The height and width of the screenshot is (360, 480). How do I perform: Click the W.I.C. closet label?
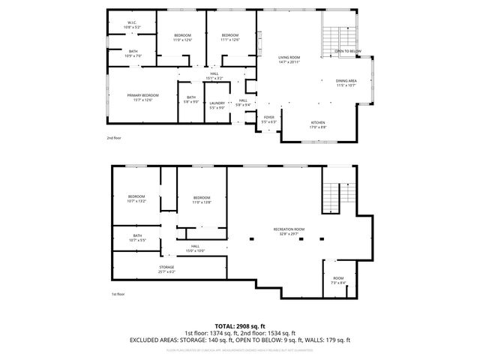click(x=131, y=25)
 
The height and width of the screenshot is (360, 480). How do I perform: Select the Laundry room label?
click(x=217, y=104)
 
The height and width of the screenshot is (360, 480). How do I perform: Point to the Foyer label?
click(x=268, y=118)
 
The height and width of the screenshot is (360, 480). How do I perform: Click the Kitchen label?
click(x=319, y=124)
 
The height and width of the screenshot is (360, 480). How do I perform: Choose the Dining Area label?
click(x=346, y=82)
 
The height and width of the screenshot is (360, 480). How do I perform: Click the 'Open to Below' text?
click(x=348, y=51)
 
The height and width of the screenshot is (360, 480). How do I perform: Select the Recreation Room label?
click(x=289, y=230)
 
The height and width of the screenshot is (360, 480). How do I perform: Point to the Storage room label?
click(x=166, y=268)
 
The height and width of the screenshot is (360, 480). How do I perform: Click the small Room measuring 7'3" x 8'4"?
click(x=338, y=280)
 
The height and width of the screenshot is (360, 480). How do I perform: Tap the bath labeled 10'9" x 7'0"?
click(x=133, y=53)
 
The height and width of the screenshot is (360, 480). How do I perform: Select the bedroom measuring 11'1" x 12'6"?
click(x=229, y=37)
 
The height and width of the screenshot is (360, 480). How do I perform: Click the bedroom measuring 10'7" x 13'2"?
click(x=136, y=199)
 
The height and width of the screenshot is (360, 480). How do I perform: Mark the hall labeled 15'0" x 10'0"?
click(x=195, y=248)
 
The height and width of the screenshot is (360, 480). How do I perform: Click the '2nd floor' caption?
click(x=113, y=138)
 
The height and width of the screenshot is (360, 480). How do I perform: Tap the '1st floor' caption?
click(x=117, y=295)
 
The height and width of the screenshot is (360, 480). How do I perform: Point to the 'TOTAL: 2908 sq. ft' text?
click(x=240, y=326)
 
